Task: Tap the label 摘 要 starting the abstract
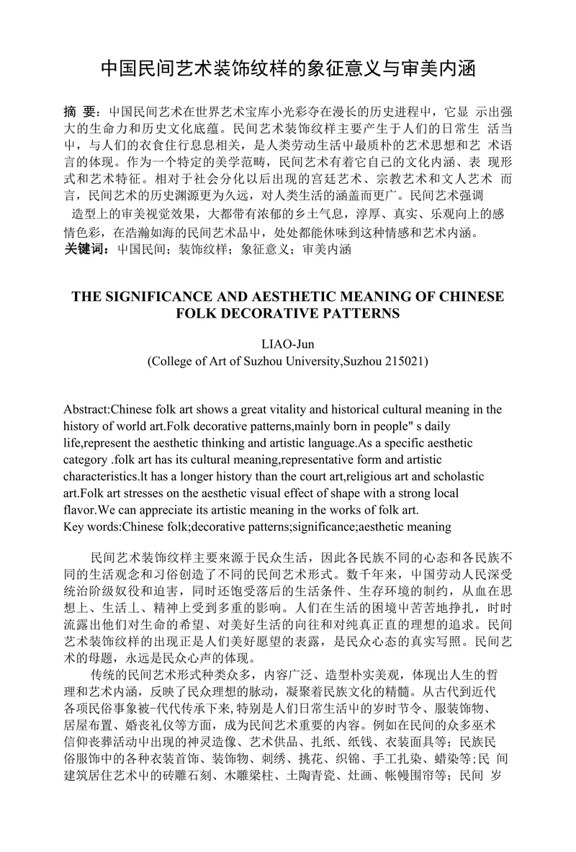(79, 112)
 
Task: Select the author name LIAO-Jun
(287, 344)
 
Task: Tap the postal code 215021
(404, 360)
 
